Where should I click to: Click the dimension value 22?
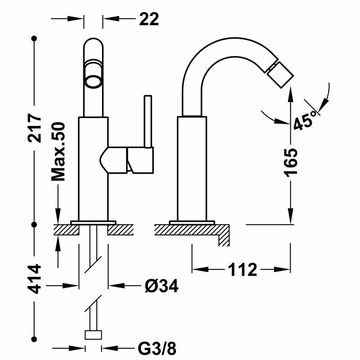pyautogui.click(x=149, y=19)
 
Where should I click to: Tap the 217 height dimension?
pyautogui.click(x=35, y=128)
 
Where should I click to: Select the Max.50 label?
pyautogui.click(x=58, y=152)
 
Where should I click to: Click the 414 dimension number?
pyautogui.click(x=35, y=279)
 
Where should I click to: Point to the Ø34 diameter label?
pyautogui.click(x=162, y=286)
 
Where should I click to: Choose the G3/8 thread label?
pyautogui.click(x=157, y=348)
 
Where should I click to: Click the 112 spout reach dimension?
pyautogui.click(x=243, y=270)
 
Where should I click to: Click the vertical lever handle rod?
pyautogui.click(x=148, y=121)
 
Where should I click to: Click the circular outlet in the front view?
pyautogui.click(x=93, y=81)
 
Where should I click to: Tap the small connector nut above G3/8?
pyautogui.click(x=93, y=335)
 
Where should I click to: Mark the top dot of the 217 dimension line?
pyautogui.click(x=35, y=38)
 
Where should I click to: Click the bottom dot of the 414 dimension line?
pyautogui.click(x=35, y=339)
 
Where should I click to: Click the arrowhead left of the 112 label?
pyautogui.click(x=200, y=269)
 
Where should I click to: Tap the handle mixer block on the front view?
pyautogui.click(x=126, y=160)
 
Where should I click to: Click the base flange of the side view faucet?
pyautogui.click(x=192, y=222)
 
